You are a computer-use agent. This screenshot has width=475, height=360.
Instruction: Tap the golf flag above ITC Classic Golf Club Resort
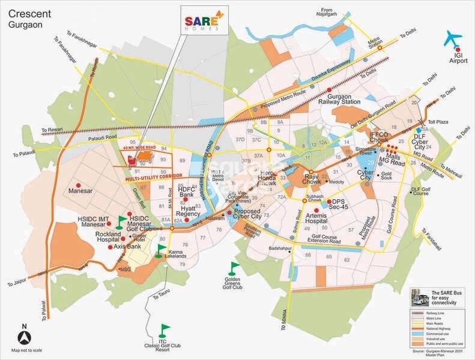click(x=164, y=329)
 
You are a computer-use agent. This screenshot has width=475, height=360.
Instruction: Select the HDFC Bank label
click(x=192, y=193)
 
